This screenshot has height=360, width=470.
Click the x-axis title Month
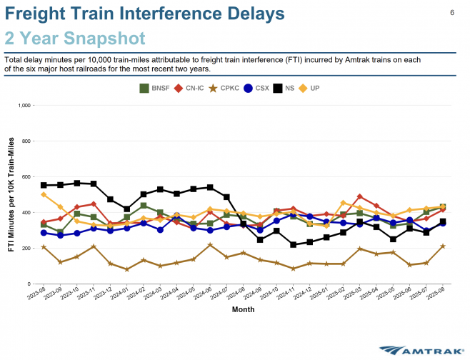coord(243,310)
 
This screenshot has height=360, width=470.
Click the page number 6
coord(452,13)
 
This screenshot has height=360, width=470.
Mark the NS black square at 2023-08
coord(44,185)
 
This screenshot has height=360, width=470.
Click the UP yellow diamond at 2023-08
coord(44,195)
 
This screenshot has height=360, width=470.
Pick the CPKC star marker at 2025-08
coord(443,246)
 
